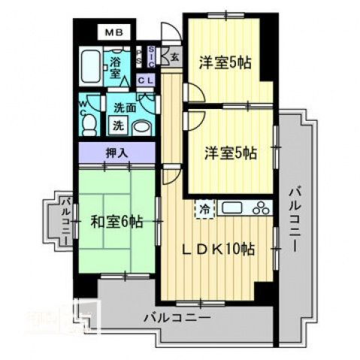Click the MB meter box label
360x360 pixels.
point(114,32)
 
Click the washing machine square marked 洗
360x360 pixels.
point(118,124)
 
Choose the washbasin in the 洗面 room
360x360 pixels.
point(141,126)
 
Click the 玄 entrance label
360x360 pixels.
point(174,57)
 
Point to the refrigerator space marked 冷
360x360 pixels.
point(203,209)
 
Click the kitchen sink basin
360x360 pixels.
point(231,208)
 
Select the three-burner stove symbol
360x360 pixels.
point(260,208)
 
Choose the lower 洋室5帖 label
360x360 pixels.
point(231,153)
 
